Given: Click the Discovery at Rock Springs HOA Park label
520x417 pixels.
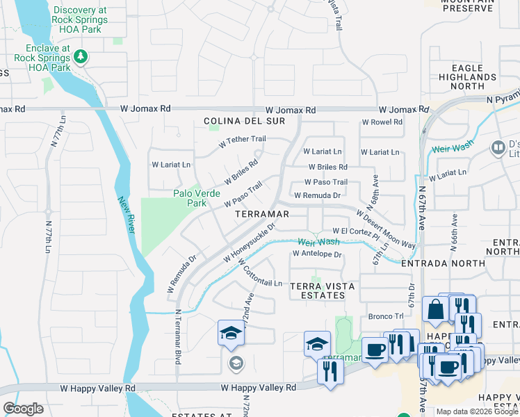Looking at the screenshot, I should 80,15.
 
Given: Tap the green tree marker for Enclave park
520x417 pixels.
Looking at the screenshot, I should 82,56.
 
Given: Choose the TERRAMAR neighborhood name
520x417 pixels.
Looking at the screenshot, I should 262,214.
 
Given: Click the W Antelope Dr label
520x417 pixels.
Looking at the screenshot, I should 318,254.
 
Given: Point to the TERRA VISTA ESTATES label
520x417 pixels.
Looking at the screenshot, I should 317,291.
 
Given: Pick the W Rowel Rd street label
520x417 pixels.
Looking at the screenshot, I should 382,122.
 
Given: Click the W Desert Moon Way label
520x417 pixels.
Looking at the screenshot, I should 387,229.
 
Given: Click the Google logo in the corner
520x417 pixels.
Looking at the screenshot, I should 23,409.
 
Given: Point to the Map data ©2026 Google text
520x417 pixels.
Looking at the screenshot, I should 476,411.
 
